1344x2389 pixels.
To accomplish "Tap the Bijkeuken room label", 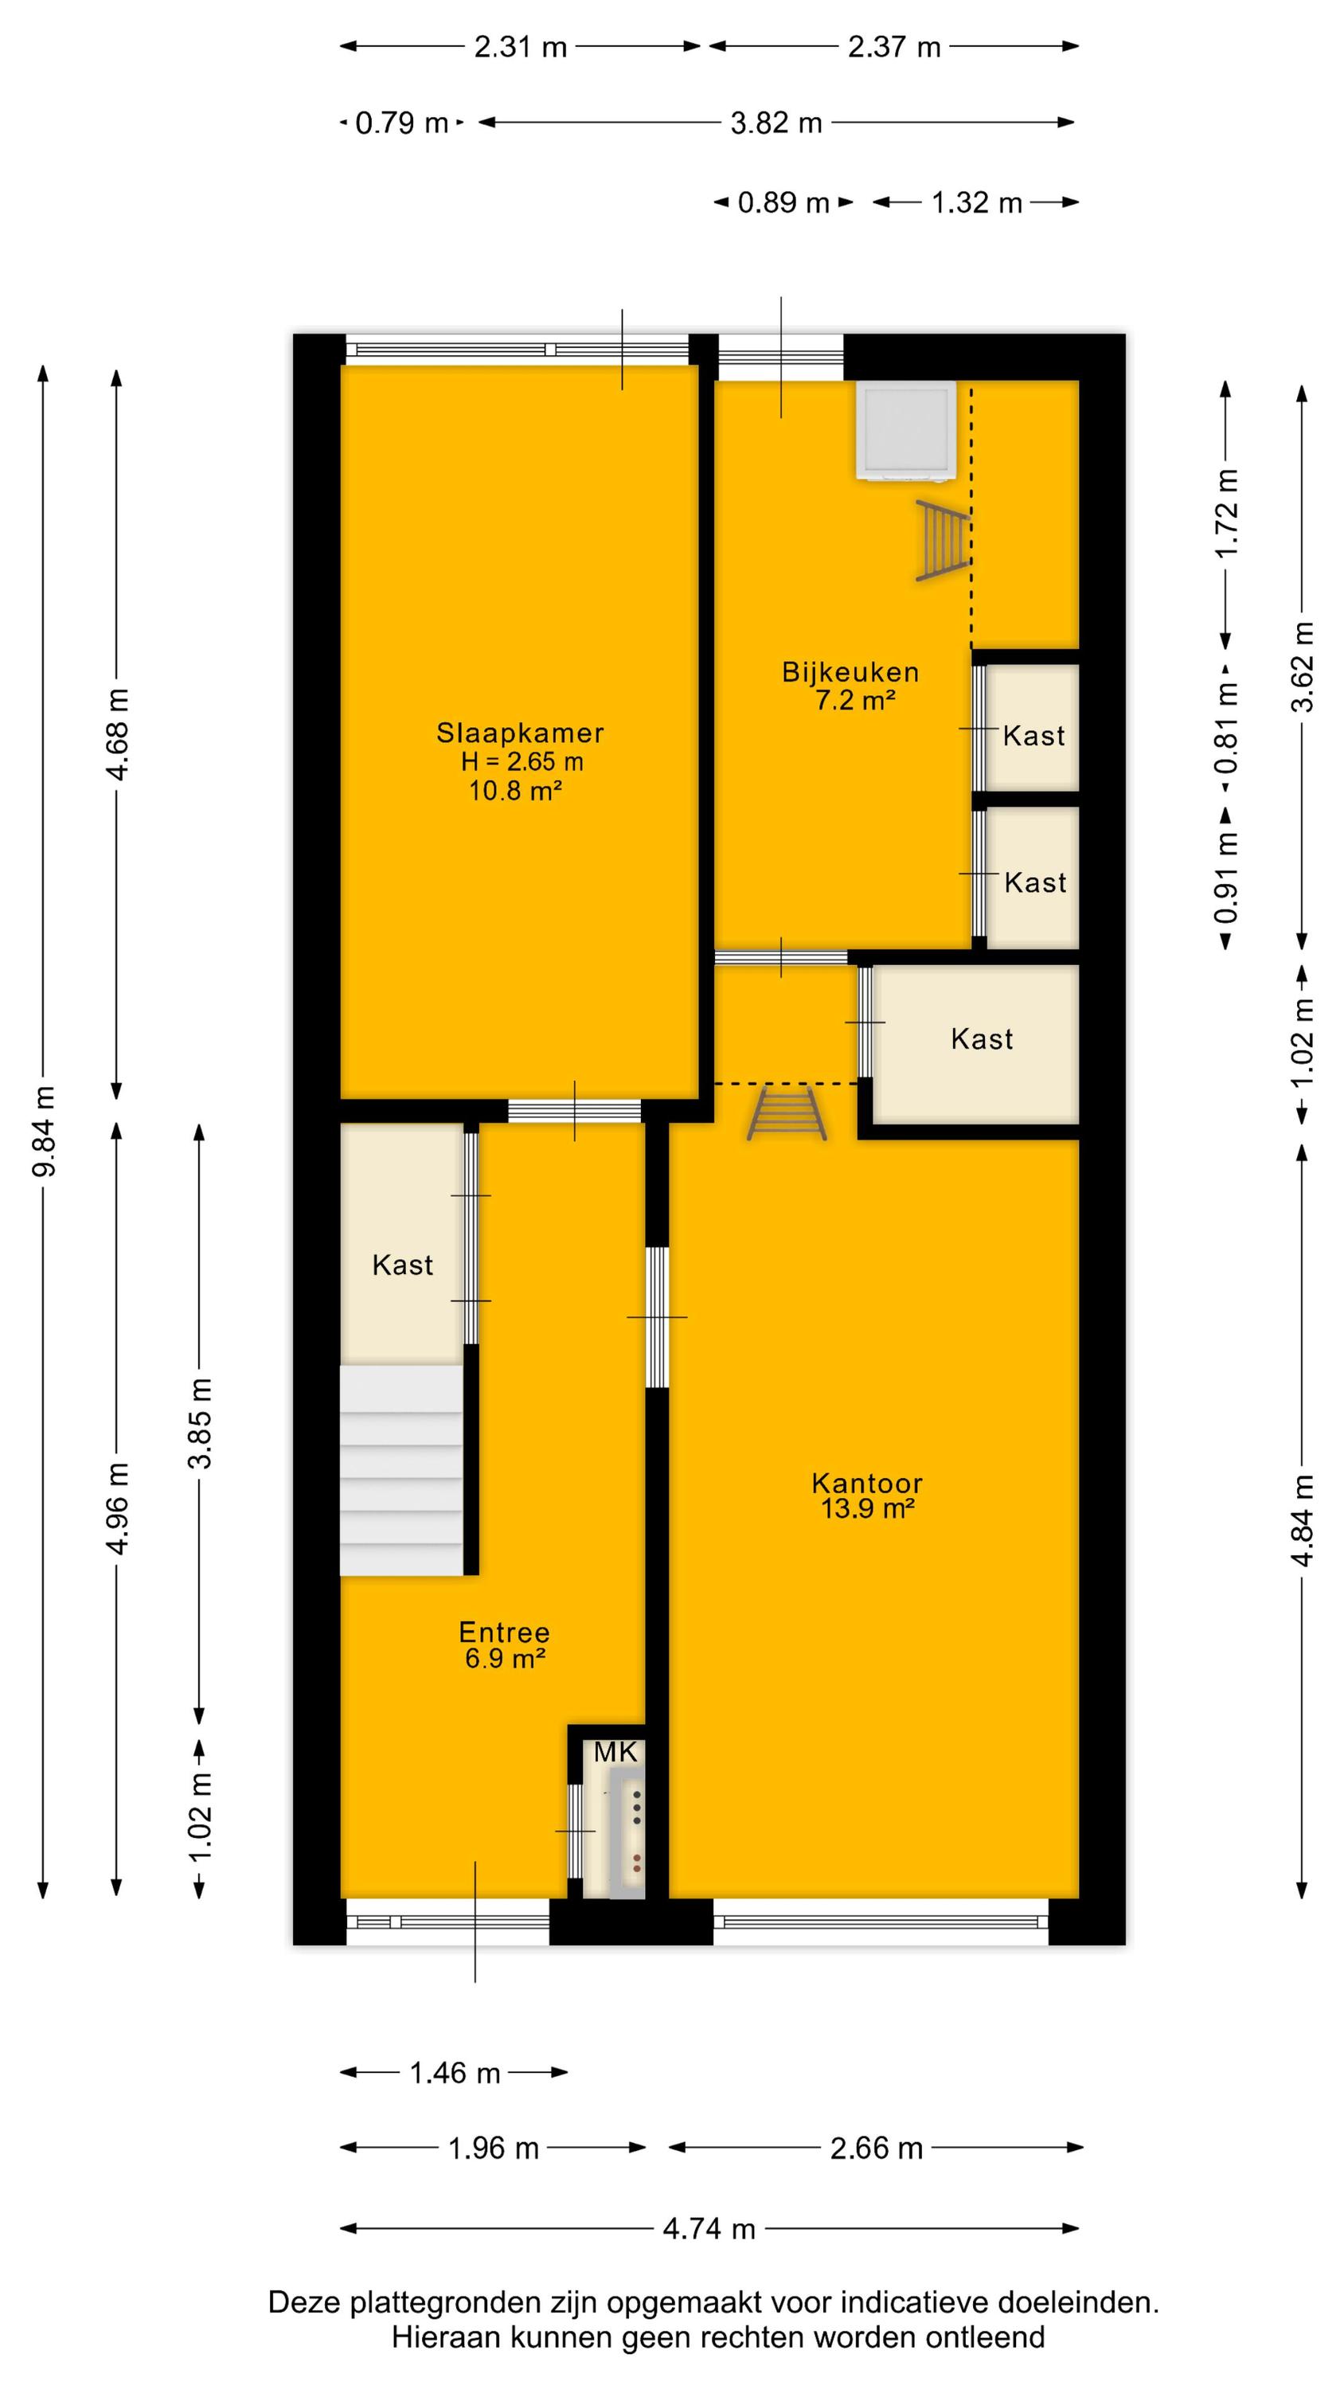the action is coord(850,672).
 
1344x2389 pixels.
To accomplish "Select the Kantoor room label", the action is coord(866,1483).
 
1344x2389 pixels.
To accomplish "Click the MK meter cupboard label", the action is coord(616,1752).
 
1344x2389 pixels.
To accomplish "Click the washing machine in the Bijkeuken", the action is coord(906,432).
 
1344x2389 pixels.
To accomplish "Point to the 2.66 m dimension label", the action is coord(876,2148).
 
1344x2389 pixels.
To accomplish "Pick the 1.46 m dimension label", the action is coord(455,2073).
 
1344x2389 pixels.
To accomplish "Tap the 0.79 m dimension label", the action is coord(401,123).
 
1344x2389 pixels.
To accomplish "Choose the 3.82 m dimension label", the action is coord(776,123).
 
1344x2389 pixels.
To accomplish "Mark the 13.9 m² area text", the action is coord(867,1509).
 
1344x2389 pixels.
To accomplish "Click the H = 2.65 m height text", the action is coord(522,762).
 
